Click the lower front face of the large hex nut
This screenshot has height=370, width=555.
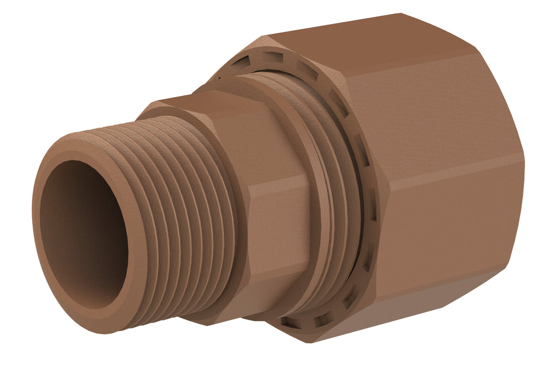(x=444, y=234)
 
